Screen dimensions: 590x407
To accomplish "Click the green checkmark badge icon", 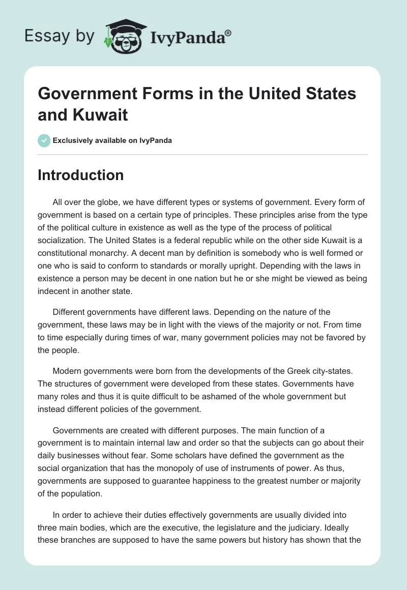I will pos(44,140).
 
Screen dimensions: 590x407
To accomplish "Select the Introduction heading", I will pos(80,175).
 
